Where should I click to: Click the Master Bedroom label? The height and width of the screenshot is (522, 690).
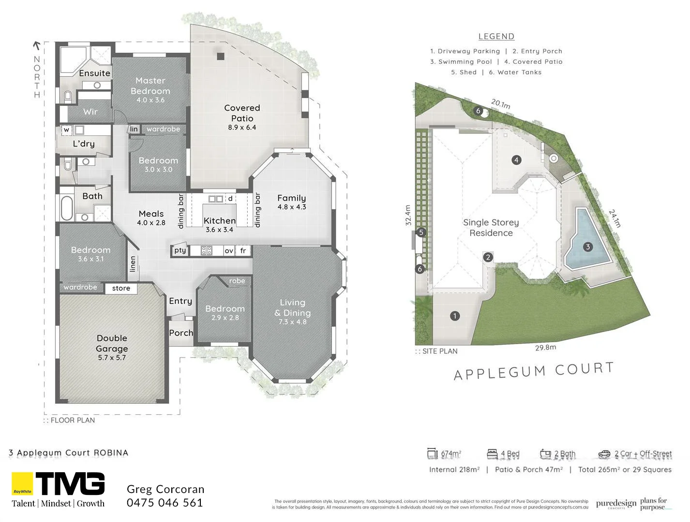click(150, 86)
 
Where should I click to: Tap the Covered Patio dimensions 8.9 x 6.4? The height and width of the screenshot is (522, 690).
click(242, 128)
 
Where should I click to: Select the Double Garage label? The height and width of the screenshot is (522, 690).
click(112, 343)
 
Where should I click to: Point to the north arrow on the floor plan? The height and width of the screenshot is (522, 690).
click(36, 46)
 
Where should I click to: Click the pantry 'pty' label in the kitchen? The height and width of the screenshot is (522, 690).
click(180, 250)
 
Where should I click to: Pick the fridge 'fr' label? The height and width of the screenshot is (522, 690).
click(243, 250)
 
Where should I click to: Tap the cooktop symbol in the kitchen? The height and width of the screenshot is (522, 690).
click(207, 250)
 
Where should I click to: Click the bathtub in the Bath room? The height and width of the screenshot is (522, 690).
click(66, 208)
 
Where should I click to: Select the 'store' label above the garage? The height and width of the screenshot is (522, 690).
click(121, 289)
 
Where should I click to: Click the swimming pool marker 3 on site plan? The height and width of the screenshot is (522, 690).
click(588, 247)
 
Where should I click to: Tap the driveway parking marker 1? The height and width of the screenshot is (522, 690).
click(455, 316)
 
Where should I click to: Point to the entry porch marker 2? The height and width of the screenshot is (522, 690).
click(488, 257)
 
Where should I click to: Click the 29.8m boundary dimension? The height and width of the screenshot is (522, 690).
click(545, 348)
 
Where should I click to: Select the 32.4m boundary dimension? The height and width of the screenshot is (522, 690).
click(408, 215)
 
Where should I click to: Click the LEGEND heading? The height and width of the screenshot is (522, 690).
click(496, 36)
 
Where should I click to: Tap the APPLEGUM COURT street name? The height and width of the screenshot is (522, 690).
click(534, 371)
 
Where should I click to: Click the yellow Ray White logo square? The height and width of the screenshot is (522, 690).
click(22, 484)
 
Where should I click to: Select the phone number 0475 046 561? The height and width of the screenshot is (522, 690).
click(165, 503)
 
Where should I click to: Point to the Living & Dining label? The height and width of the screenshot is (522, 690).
click(293, 308)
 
